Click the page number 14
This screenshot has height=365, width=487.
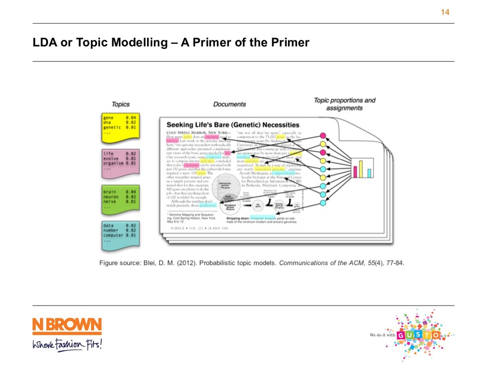pyautogui.click(x=445, y=12)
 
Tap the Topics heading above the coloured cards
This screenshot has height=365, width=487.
pyautogui.click(x=120, y=104)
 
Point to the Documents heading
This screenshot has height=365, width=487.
pyautogui.click(x=229, y=104)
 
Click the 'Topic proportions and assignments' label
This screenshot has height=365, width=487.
pyautogui.click(x=345, y=104)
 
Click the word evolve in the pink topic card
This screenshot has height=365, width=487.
pyautogui.click(x=112, y=159)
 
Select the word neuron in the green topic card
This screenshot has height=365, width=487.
pyautogui.click(x=112, y=196)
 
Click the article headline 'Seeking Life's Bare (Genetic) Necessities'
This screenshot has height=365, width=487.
pyautogui.click(x=233, y=125)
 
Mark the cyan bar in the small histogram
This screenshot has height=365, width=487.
pyautogui.click(x=369, y=173)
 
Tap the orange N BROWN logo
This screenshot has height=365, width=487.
pyautogui.click(x=67, y=327)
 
